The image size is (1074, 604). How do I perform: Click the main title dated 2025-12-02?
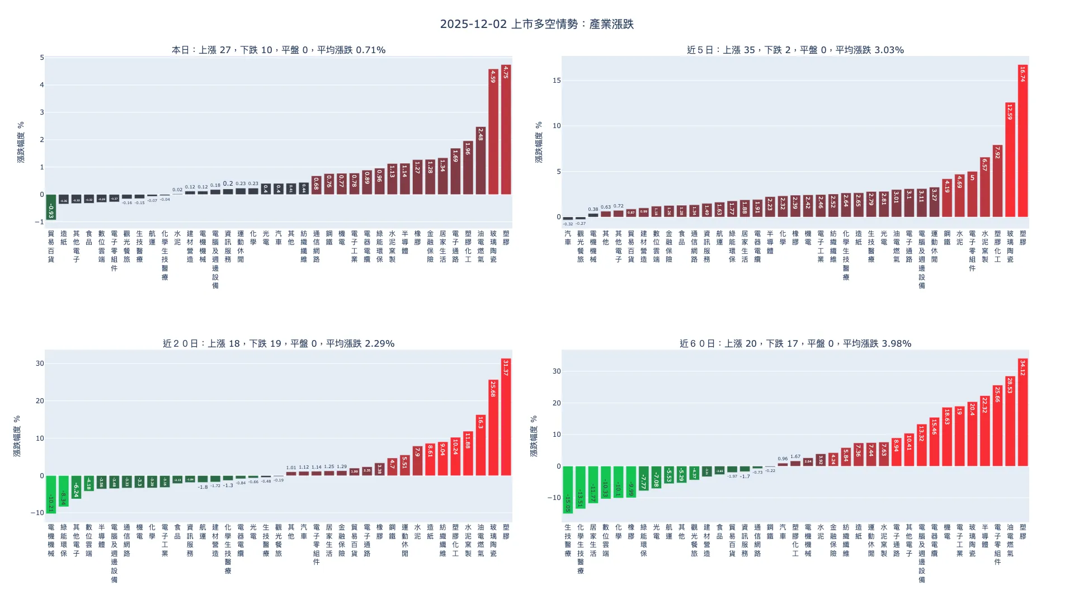pos(536,24)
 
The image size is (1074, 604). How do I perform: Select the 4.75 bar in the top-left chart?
pos(506,130)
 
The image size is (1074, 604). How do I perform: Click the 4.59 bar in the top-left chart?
pos(493,132)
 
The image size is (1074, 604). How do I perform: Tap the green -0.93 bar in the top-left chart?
pos(51,207)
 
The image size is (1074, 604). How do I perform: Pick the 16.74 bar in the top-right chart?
pos(1023,141)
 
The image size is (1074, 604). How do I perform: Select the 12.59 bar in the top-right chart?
pos(1010,160)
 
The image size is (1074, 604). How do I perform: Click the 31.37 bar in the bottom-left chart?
pos(506,417)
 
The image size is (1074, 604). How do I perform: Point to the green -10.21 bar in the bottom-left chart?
pos(51,494)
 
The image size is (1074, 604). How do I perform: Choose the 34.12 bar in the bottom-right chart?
pos(1023,412)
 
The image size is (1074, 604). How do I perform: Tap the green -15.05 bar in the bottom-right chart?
pos(568,490)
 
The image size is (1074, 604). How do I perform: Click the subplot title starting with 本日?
pos(279,50)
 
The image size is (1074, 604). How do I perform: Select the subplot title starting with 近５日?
pos(795,50)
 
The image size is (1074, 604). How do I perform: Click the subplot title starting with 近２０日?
pos(279,343)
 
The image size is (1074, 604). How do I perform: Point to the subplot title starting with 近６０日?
pos(795,343)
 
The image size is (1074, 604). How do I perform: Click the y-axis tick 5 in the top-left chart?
pos(42,58)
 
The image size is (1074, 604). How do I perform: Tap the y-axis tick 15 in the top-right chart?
pos(556,81)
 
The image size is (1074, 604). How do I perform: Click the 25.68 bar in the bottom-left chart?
pos(493,428)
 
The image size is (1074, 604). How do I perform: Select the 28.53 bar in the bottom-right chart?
pos(1010,421)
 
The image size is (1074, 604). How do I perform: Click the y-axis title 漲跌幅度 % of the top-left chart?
pos(21,142)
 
